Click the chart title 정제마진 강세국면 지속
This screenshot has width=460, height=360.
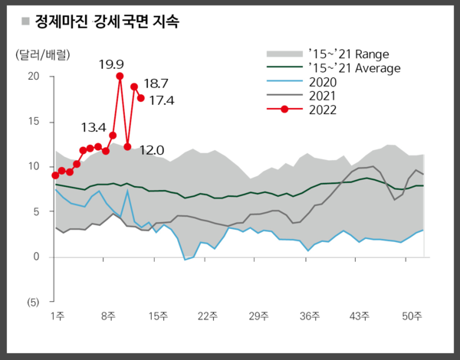(x=107, y=22)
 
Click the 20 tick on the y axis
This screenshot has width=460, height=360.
(x=33, y=76)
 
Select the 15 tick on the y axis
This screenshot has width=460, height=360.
(x=33, y=121)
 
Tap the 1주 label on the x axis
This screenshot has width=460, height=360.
(x=57, y=316)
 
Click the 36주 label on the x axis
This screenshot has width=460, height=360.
(x=310, y=316)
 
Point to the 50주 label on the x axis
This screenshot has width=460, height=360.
(x=412, y=316)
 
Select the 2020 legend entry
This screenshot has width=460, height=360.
(x=322, y=82)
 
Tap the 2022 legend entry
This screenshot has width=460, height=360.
(x=322, y=110)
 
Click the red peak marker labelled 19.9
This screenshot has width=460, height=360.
(x=120, y=76)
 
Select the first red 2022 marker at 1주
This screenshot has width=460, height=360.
(x=55, y=175)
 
